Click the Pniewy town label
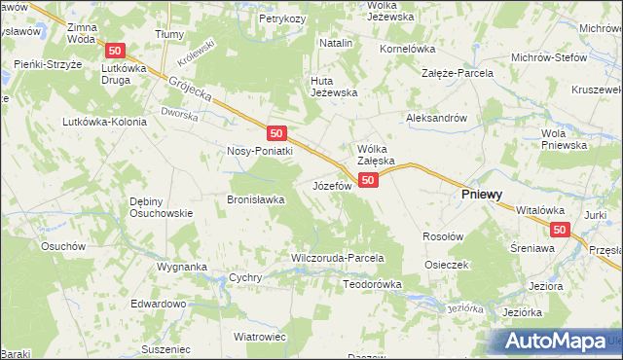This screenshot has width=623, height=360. point(481,195)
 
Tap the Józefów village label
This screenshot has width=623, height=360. point(330,185)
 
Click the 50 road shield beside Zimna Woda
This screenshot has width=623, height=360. point(116,51)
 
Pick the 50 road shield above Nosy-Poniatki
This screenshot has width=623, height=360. point(276,132)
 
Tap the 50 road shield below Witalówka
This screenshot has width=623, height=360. point(559,230)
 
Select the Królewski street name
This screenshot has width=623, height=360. point(198,58)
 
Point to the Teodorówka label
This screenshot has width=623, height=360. point(373,284)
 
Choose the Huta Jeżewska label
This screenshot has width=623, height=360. point(334,87)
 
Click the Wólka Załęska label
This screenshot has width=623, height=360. point(375,154)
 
